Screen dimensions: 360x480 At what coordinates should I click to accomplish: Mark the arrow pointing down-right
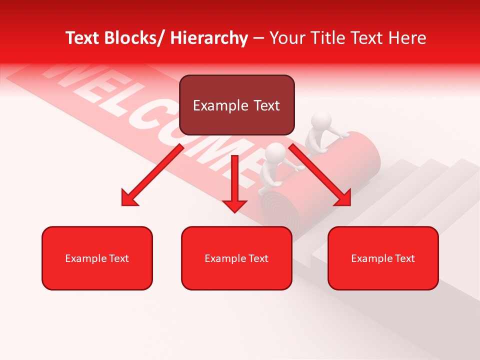(x=320, y=175)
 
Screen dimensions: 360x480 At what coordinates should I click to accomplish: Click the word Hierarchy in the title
(x=208, y=38)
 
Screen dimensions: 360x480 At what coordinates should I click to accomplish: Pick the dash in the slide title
(x=258, y=38)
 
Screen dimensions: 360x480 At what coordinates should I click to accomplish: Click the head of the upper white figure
(x=321, y=121)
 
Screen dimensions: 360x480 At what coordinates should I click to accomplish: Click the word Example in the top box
(x=220, y=105)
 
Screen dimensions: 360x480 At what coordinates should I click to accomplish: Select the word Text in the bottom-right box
(x=404, y=258)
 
